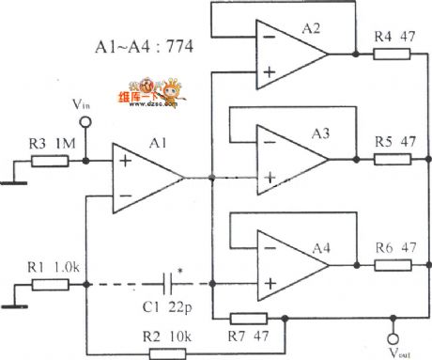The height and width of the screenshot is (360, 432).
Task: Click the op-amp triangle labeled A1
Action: (147, 178)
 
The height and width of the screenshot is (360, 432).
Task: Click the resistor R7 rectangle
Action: (248, 319)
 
